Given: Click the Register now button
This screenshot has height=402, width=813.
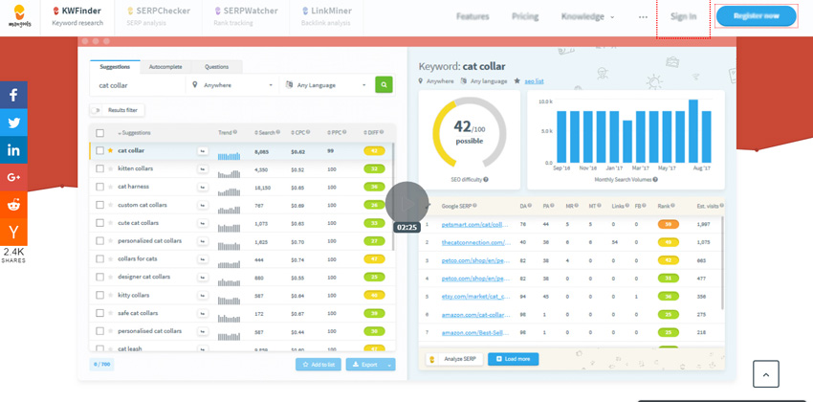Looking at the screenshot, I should point(756,16).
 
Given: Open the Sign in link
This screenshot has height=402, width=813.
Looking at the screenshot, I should point(683,16).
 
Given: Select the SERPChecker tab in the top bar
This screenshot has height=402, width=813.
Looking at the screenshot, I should point(159,15).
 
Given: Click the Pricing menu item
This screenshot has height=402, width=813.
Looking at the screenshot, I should point(524,16).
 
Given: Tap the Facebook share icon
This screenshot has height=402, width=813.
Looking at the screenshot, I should point(13,95).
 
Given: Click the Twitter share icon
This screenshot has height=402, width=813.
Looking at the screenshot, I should point(13,123).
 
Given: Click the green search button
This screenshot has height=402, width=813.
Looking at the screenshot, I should point(384,85).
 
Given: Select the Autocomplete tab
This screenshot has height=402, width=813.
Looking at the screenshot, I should point(165,67).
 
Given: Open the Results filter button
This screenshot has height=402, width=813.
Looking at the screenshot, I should point(117,110).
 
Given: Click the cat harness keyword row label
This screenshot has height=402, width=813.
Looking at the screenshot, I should point(133,187).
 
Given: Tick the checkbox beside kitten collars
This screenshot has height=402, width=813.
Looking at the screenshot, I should point(99,168).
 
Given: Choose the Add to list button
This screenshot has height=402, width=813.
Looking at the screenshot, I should point(318,365).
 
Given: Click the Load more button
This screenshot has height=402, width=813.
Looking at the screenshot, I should point(513,359).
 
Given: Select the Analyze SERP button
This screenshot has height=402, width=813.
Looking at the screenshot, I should point(453,359).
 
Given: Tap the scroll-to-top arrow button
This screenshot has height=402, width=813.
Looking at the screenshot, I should point(765,373).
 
